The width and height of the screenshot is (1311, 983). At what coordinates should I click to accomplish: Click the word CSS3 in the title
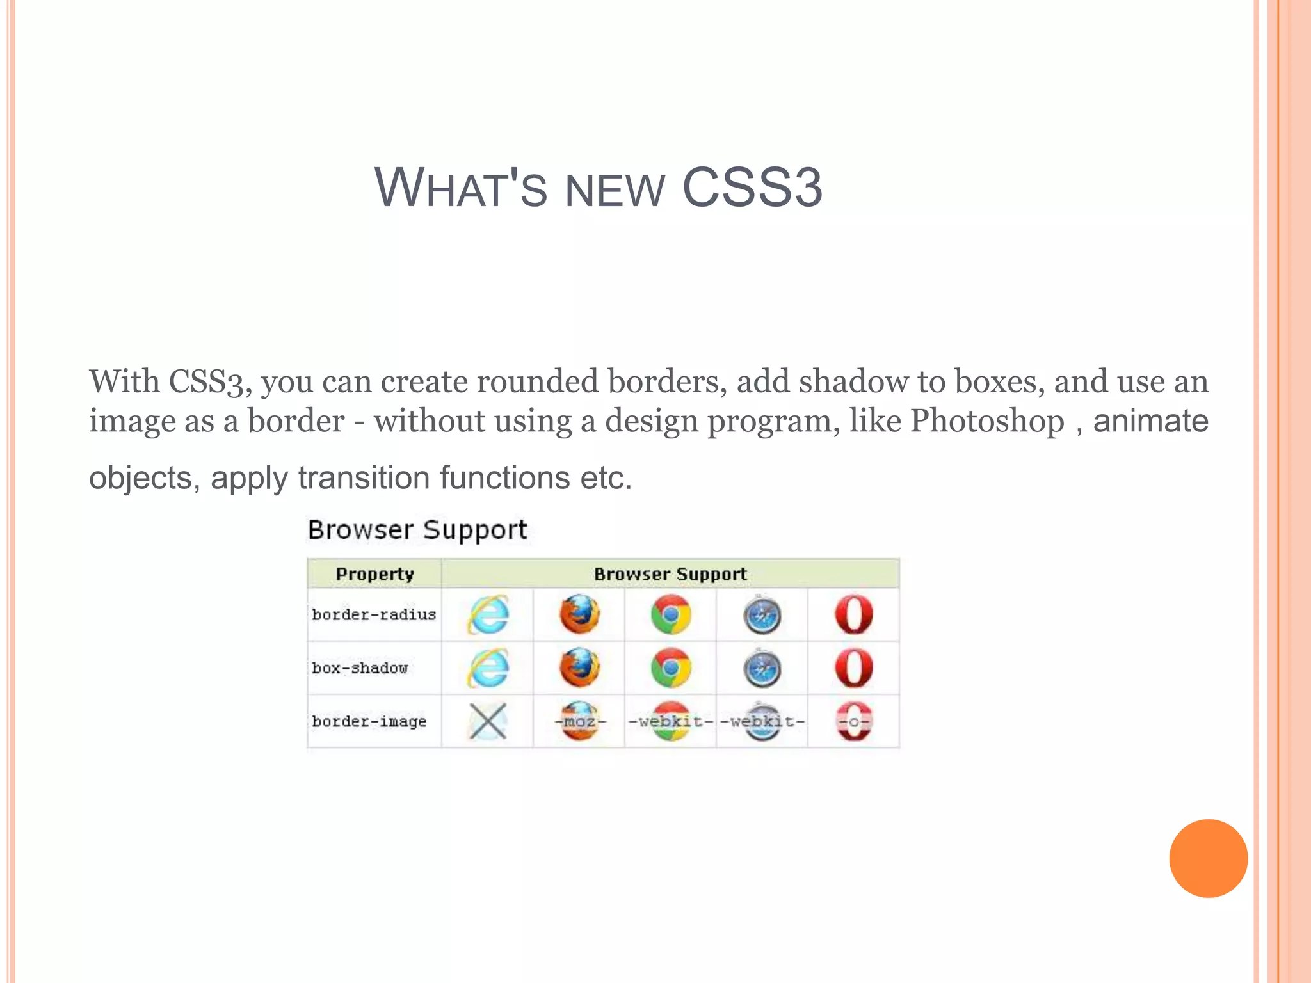coord(752,188)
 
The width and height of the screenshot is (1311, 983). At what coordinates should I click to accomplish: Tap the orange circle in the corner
coord(1208,858)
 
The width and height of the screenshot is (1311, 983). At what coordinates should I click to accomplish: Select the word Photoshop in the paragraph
coord(987,421)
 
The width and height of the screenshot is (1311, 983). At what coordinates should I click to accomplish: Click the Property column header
coord(374,574)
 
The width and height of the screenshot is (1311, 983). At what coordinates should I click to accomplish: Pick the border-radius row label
coord(374,614)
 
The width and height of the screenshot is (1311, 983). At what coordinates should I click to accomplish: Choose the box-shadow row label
coord(360,668)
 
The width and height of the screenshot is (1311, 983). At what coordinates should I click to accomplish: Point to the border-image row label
coord(369,721)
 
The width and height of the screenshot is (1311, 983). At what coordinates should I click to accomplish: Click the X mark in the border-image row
coord(488,721)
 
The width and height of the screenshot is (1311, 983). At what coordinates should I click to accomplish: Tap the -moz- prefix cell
coord(579,721)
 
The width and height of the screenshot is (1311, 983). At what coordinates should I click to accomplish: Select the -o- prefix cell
coord(854,721)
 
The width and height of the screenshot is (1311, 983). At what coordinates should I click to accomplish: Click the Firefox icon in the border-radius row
coord(579,614)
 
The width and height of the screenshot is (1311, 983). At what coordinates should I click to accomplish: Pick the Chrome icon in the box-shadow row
coord(671,668)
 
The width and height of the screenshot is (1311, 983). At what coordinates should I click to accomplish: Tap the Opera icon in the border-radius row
coord(854,614)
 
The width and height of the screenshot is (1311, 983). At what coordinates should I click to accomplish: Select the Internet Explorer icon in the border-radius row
coord(488,614)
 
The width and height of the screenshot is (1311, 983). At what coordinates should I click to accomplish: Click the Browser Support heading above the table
coord(417,530)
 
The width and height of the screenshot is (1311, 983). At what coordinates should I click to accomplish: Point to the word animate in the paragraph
coord(1150,421)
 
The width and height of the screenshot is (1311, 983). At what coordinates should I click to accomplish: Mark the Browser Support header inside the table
coord(670,574)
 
